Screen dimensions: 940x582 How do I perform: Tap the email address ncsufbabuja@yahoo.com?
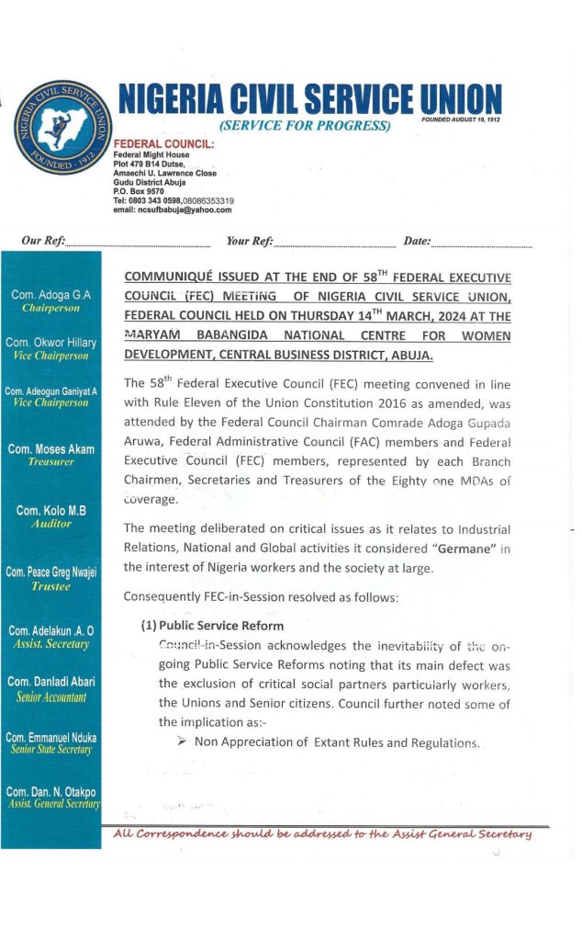pyautogui.click(x=172, y=210)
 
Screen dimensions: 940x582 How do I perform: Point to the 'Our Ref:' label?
pyautogui.click(x=43, y=241)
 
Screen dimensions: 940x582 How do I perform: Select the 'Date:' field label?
pyautogui.click(x=417, y=241)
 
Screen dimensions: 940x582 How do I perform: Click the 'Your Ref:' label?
pyautogui.click(x=250, y=241)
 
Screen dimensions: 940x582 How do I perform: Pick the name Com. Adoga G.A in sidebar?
pyautogui.click(x=50, y=295)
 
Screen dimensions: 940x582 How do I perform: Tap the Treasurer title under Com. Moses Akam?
pyautogui.click(x=50, y=462)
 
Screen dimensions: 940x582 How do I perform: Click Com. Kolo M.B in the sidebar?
pyautogui.click(x=50, y=510)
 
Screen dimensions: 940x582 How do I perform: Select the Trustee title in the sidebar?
pyautogui.click(x=50, y=585)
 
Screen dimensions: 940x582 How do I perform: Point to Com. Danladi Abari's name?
pyautogui.click(x=50, y=682)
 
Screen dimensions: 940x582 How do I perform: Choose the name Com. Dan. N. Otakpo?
pyautogui.click(x=50, y=791)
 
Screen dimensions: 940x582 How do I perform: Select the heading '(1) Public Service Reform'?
pyautogui.click(x=212, y=626)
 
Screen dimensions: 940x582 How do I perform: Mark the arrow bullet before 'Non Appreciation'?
pyautogui.click(x=183, y=742)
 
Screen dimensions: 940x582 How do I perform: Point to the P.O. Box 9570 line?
pyautogui.click(x=138, y=191)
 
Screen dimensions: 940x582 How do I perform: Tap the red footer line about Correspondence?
pyautogui.click(x=322, y=833)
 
